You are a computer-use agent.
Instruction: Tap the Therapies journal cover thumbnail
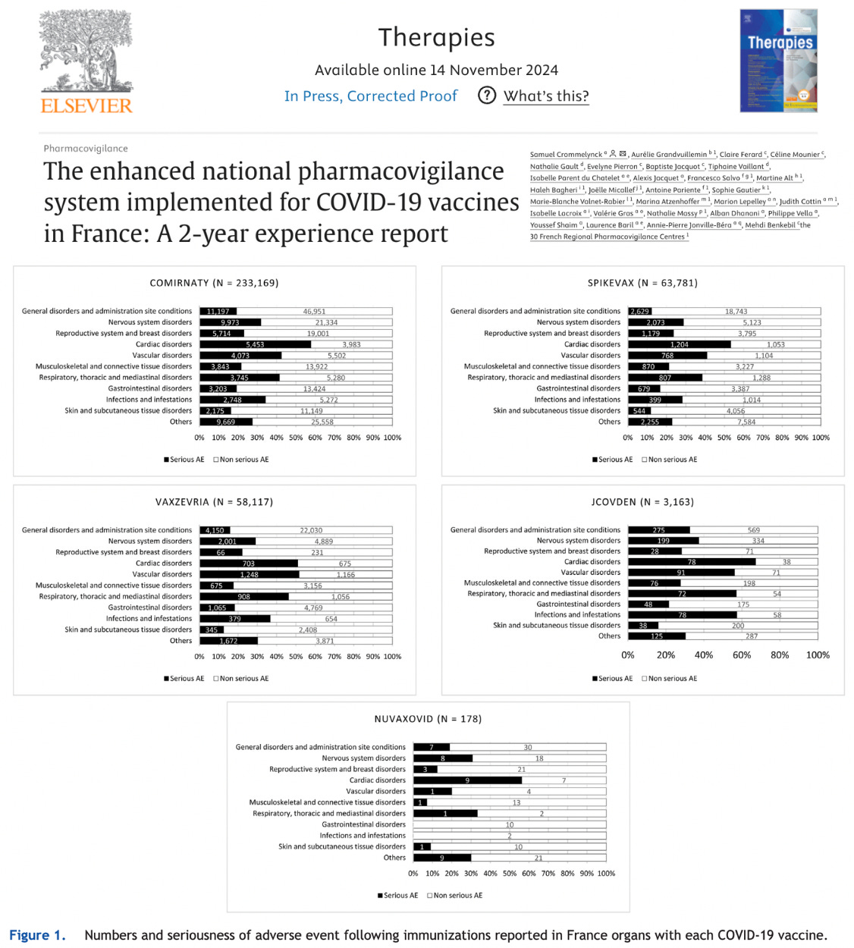click(x=778, y=61)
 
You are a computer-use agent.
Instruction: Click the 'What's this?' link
click(x=545, y=96)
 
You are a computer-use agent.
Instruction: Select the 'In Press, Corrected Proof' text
click(x=371, y=96)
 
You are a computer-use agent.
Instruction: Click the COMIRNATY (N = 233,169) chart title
click(x=214, y=283)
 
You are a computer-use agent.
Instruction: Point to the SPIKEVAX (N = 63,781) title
click(x=642, y=283)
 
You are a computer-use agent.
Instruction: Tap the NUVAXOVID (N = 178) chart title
click(x=428, y=719)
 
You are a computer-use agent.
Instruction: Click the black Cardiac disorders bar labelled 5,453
click(x=255, y=344)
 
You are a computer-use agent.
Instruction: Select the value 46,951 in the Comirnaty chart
click(x=314, y=311)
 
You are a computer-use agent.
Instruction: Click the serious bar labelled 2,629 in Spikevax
click(x=639, y=311)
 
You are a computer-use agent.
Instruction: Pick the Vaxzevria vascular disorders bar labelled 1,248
click(x=249, y=574)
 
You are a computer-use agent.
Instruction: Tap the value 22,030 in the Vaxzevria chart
click(x=311, y=530)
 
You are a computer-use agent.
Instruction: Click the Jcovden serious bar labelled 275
click(x=658, y=530)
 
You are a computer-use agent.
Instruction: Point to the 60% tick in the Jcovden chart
click(x=742, y=655)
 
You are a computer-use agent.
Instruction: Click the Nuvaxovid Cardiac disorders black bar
click(x=467, y=780)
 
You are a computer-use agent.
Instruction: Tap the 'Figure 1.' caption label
click(x=37, y=935)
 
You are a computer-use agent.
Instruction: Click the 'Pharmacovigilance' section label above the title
click(x=86, y=149)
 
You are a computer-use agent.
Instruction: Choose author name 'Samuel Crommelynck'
click(x=566, y=155)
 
